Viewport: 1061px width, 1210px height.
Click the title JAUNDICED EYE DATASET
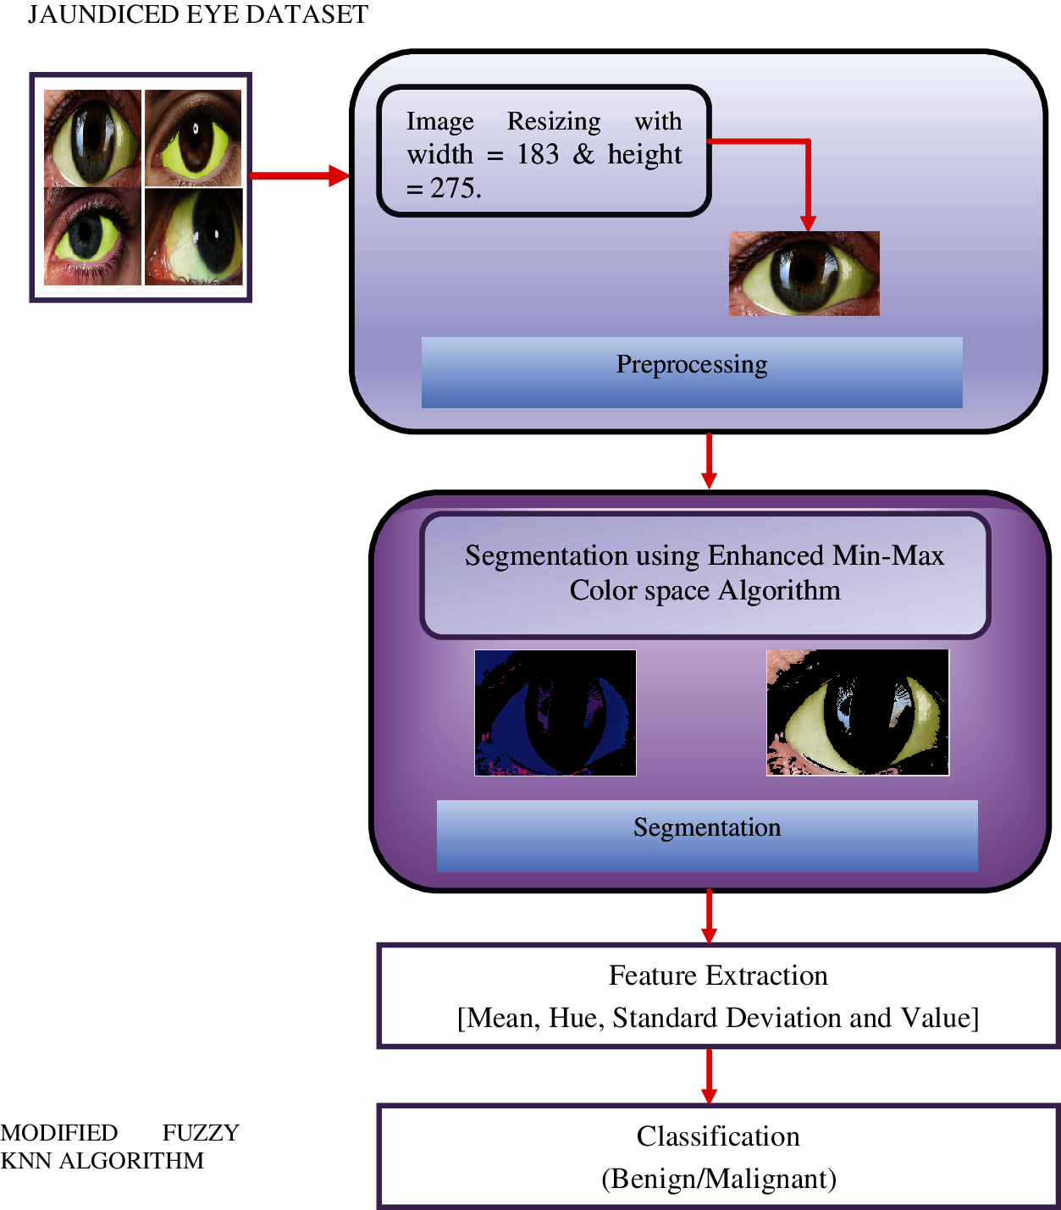click(x=198, y=15)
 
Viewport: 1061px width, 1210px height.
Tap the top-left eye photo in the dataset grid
click(x=92, y=138)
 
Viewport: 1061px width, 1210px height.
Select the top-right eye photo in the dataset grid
click(x=194, y=138)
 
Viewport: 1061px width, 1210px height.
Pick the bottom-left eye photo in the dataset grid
click(x=92, y=236)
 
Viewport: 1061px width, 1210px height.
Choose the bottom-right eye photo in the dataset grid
click(x=194, y=236)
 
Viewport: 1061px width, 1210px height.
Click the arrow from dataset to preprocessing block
click(x=300, y=175)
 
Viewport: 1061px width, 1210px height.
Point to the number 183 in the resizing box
click(x=537, y=155)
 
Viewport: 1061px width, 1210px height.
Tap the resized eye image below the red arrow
click(x=804, y=273)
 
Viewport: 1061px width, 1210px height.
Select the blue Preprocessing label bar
click(x=692, y=373)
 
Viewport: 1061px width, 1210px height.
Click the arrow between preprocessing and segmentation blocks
click(x=709, y=461)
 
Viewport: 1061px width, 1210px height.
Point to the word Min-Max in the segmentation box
click(x=888, y=555)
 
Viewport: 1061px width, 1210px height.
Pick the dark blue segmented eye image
click(x=555, y=713)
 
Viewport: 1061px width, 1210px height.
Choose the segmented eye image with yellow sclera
click(x=858, y=712)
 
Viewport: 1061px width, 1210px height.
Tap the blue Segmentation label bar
click(x=707, y=836)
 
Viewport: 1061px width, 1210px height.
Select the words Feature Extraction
click(x=718, y=976)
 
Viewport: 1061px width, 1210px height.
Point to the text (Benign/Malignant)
click(x=719, y=1179)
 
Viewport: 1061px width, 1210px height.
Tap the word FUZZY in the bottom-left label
click(x=201, y=1133)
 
